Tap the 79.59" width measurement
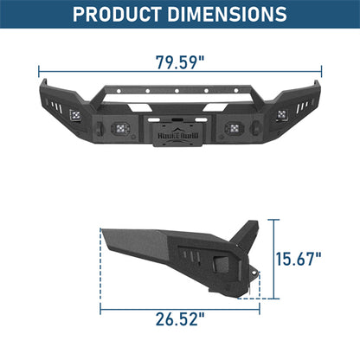[180, 62]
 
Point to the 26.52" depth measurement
[179, 318]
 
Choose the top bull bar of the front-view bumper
[180, 89]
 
